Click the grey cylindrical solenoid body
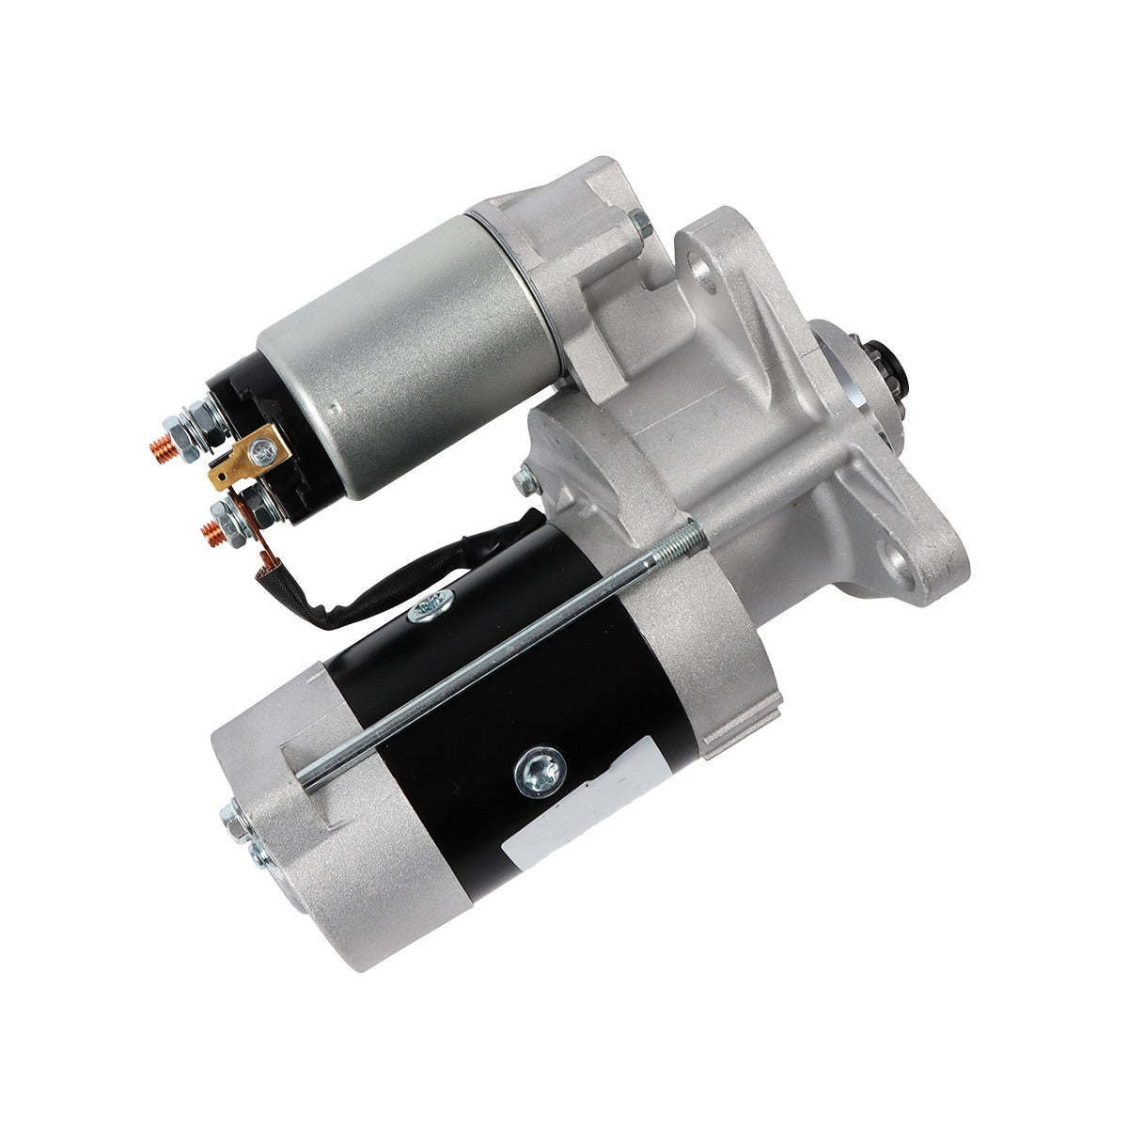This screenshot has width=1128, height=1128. [395, 338]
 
